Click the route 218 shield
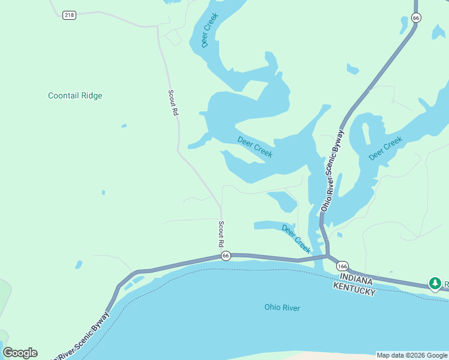point(69,15)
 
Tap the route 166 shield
point(342,266)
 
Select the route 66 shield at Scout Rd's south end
point(226,256)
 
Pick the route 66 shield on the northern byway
point(417,18)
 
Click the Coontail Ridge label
point(75,95)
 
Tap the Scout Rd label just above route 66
point(221,234)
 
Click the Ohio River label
point(282,308)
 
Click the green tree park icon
point(434,283)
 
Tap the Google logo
point(20,353)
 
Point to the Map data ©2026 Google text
point(412,355)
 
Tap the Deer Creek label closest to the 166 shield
point(297,238)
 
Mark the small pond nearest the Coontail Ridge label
point(124,126)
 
